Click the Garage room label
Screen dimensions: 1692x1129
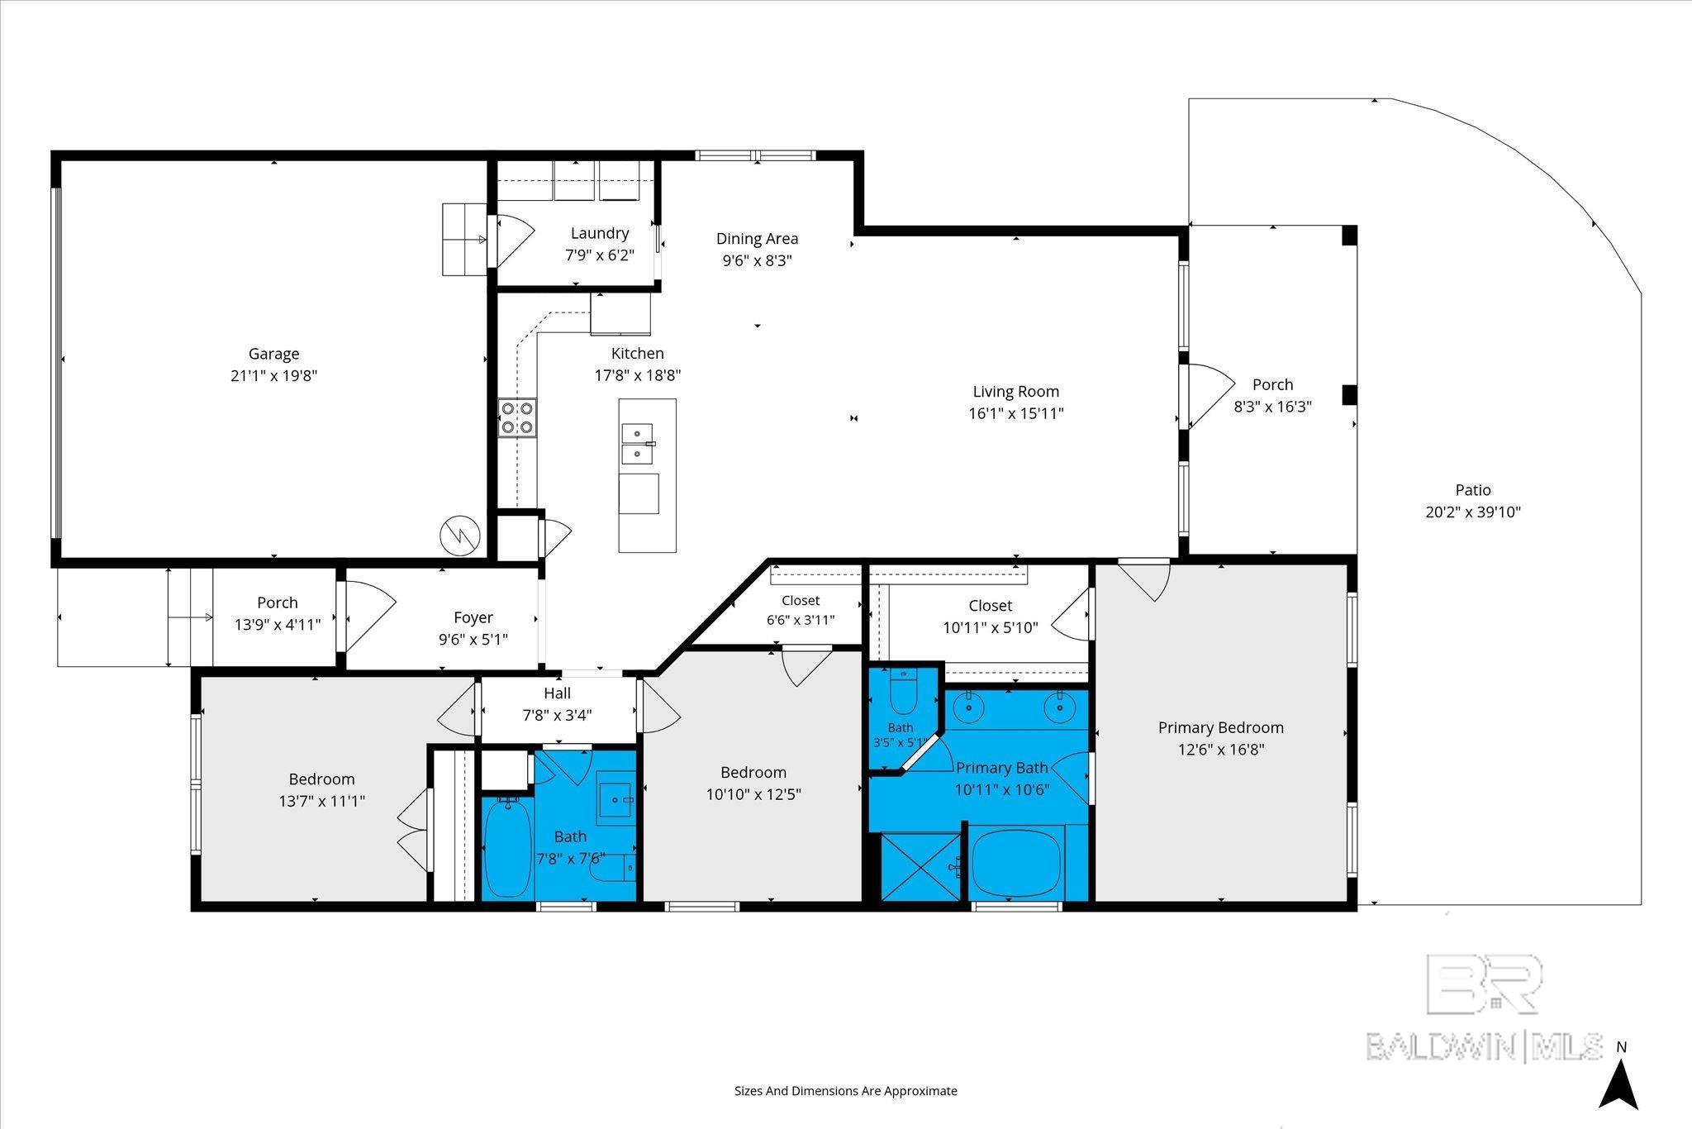click(273, 354)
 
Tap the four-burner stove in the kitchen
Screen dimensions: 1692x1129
click(517, 417)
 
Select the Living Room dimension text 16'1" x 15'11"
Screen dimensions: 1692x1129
click(1015, 413)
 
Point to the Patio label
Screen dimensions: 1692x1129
click(1473, 490)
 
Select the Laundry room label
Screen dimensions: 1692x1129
click(600, 233)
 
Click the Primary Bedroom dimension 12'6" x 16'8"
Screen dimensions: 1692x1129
click(1221, 750)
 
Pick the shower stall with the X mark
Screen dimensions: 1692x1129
click(920, 866)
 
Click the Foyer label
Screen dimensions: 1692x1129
click(473, 617)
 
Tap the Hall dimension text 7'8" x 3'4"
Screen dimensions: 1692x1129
click(558, 715)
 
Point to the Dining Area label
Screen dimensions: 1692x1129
click(757, 239)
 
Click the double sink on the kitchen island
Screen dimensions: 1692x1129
click(638, 444)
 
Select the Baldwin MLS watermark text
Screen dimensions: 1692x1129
click(1484, 1046)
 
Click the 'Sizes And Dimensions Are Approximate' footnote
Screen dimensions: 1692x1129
click(846, 1091)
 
